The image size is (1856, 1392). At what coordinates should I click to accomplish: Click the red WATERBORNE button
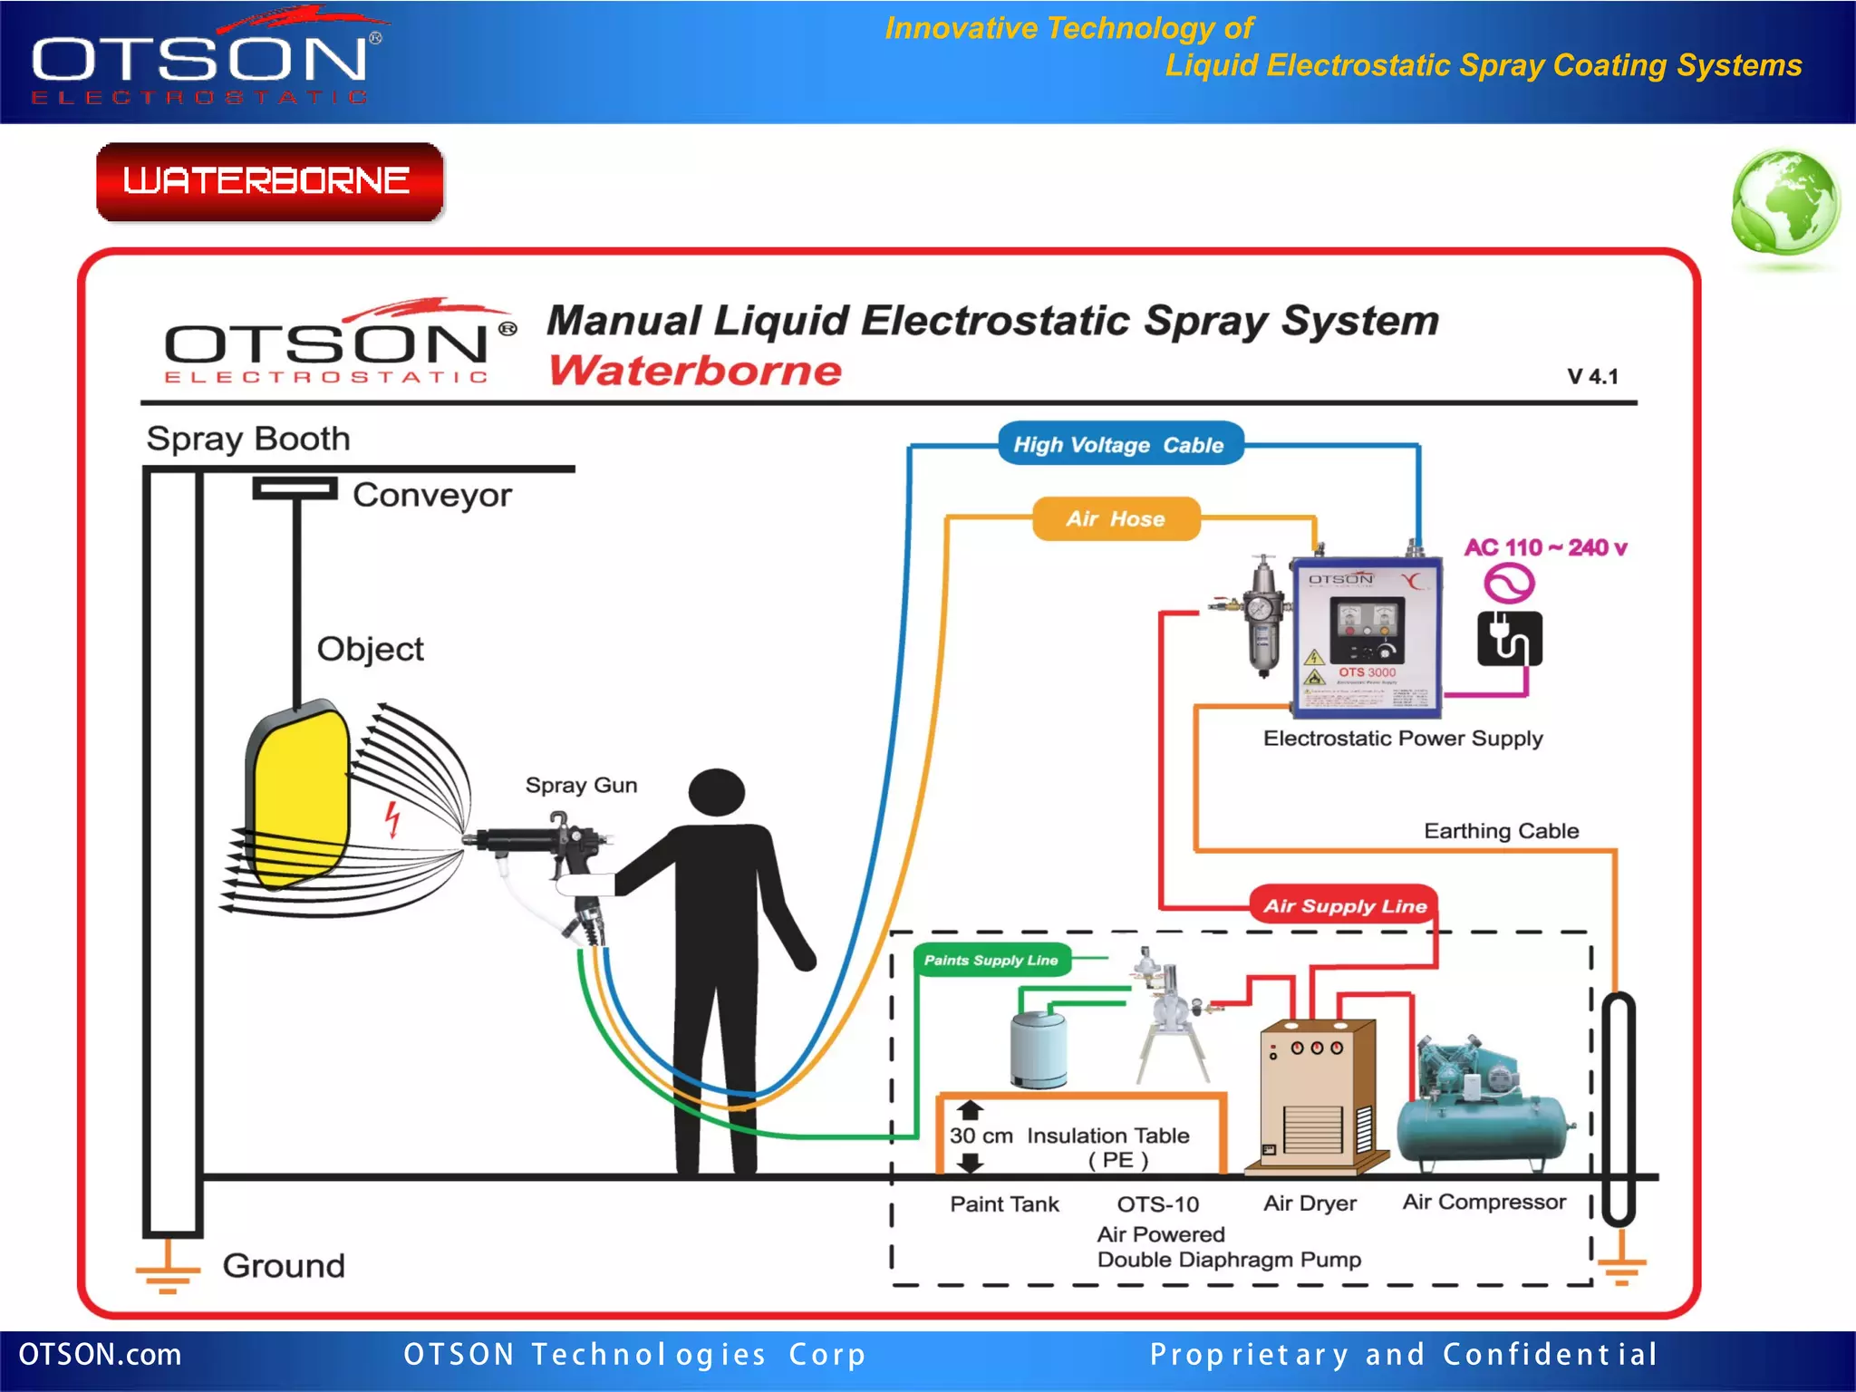(x=269, y=181)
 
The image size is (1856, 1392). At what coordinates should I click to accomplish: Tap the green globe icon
(x=1784, y=203)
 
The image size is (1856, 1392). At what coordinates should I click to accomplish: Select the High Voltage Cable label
(x=1119, y=444)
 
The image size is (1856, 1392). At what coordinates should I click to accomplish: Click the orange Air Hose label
(x=1116, y=518)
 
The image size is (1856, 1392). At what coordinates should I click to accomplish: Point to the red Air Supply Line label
(x=1345, y=905)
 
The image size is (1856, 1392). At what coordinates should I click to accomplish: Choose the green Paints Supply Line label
(x=991, y=960)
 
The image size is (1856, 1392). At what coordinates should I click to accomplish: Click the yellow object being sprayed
(x=297, y=797)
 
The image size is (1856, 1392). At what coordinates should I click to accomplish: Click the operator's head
(x=716, y=792)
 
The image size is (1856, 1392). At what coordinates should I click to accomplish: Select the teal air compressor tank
(x=1484, y=1124)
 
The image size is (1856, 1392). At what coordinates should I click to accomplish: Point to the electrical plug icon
(x=1509, y=639)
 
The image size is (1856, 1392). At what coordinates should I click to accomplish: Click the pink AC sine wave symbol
(x=1509, y=583)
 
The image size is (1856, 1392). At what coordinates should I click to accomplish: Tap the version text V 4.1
(x=1592, y=376)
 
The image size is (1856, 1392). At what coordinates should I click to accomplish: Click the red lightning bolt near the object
(x=392, y=817)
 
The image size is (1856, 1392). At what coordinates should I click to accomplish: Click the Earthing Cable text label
(x=1501, y=830)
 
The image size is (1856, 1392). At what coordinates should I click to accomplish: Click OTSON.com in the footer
(x=100, y=1354)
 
